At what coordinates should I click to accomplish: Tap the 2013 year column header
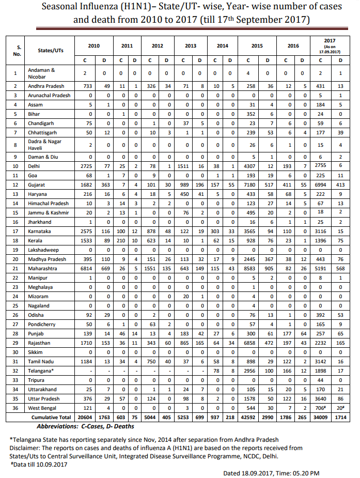(190, 46)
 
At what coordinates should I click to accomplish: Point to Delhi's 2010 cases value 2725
(85, 166)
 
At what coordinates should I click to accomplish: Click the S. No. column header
(17, 50)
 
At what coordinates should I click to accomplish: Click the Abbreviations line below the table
(85, 426)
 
